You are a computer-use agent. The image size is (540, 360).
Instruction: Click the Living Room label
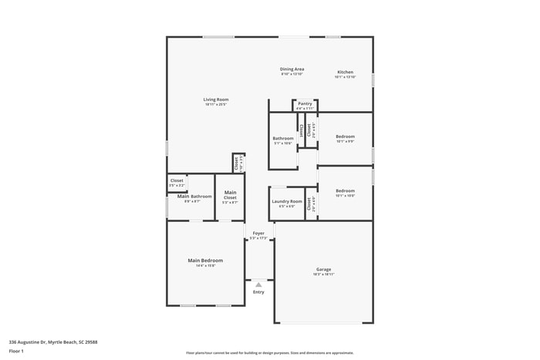click(216, 99)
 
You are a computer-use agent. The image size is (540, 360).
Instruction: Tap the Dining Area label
click(292, 69)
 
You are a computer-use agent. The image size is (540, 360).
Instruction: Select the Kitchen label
click(345, 72)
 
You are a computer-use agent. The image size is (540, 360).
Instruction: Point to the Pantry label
click(305, 103)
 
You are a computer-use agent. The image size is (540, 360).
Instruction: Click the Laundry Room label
click(285, 201)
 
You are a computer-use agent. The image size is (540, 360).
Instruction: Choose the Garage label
click(323, 269)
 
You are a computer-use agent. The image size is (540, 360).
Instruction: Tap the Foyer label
click(258, 233)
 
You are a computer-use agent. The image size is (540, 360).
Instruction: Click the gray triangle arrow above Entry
click(258, 284)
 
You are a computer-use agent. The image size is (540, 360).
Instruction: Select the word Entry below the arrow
click(258, 292)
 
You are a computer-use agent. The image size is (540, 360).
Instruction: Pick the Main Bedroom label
click(205, 261)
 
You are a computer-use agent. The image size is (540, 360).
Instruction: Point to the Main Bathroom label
click(194, 197)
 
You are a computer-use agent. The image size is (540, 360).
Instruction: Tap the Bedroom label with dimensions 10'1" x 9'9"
click(345, 136)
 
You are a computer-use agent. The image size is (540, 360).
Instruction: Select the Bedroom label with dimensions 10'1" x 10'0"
click(345, 190)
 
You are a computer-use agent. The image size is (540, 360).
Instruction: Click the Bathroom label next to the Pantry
click(283, 139)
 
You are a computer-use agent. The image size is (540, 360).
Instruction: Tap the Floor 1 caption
click(16, 352)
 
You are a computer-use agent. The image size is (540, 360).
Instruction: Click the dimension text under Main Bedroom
click(205, 266)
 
